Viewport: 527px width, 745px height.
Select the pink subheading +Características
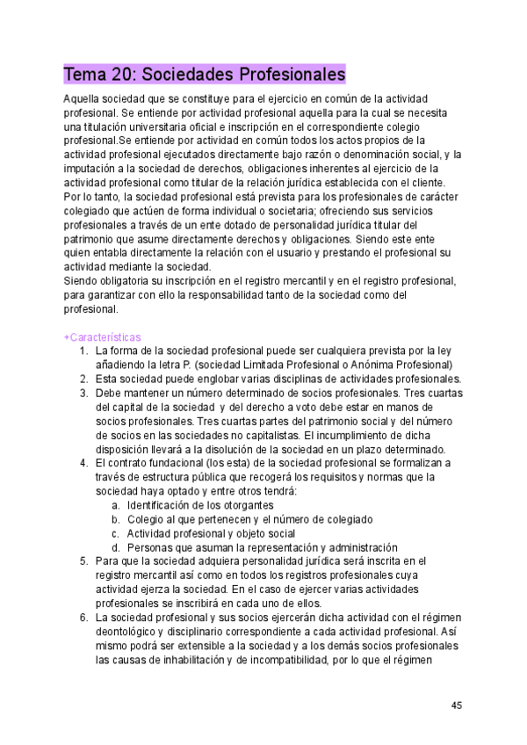click(103, 337)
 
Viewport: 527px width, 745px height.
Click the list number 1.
click(83, 351)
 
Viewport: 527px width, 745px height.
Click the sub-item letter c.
click(116, 532)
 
